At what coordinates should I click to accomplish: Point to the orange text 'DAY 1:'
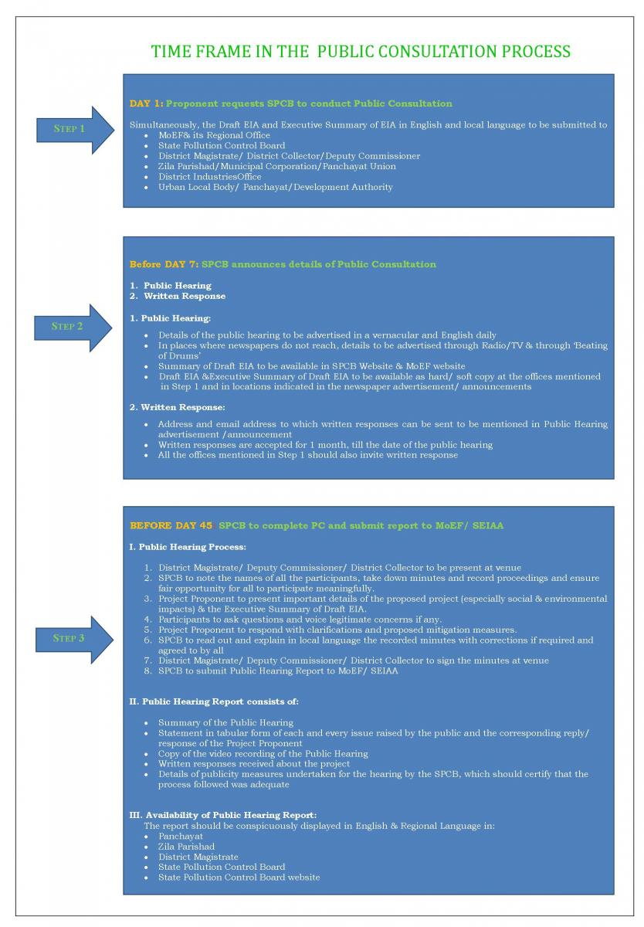pyautogui.click(x=146, y=104)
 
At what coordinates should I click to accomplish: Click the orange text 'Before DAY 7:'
pyautogui.click(x=164, y=264)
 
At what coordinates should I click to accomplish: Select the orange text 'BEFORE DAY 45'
pyautogui.click(x=171, y=525)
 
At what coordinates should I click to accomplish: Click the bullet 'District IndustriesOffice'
pyautogui.click(x=209, y=177)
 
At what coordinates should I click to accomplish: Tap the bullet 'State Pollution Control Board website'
pyautogui.click(x=239, y=877)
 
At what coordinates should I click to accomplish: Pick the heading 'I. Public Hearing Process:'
pyautogui.click(x=188, y=547)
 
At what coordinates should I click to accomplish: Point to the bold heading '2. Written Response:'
pyautogui.click(x=178, y=407)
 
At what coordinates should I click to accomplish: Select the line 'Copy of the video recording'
pyautogui.click(x=263, y=753)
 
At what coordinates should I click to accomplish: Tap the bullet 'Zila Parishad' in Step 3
pyautogui.click(x=186, y=847)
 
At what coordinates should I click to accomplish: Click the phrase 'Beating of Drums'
pyautogui.click(x=571, y=346)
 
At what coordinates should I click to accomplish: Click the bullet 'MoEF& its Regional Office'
pyautogui.click(x=214, y=135)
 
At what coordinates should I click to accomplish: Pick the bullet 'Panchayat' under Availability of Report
pyautogui.click(x=181, y=836)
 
